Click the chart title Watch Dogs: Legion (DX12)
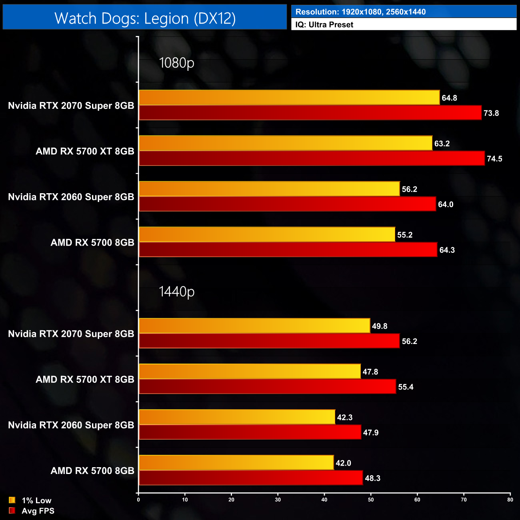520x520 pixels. click(145, 18)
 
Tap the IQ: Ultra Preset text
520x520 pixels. click(324, 25)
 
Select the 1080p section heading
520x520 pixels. click(176, 63)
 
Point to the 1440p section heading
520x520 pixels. click(176, 292)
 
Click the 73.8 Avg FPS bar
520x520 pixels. click(310, 113)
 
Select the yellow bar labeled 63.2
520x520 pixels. click(285, 143)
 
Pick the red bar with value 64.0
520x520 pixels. click(287, 204)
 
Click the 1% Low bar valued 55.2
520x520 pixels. click(267, 234)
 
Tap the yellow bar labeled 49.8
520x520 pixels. click(254, 326)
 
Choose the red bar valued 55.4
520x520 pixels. click(267, 386)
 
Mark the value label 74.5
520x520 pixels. click(494, 159)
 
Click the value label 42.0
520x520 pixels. click(343, 463)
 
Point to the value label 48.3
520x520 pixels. click(372, 478)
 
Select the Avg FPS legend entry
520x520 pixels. click(32, 511)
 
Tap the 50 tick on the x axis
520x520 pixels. click(371, 500)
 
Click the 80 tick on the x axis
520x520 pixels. click(510, 500)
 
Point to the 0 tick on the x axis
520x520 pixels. click(138, 500)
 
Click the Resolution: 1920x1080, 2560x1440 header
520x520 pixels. click(360, 12)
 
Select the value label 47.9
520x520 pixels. click(370, 433)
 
